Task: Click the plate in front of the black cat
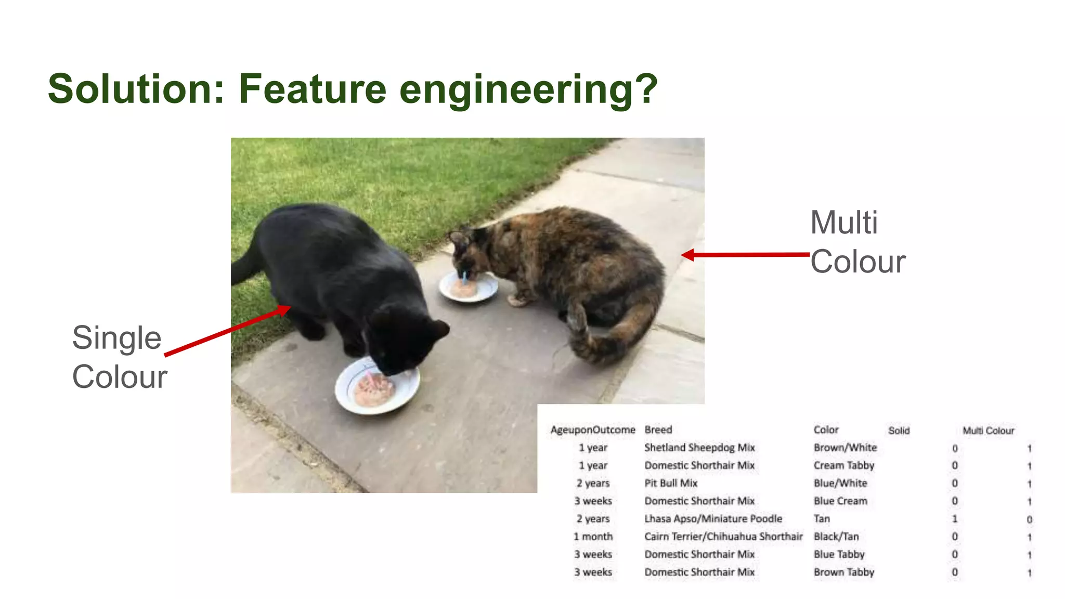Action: [376, 387]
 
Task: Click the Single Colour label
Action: [119, 357]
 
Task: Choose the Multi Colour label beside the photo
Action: [858, 242]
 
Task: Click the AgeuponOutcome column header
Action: [593, 430]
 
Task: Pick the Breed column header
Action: [658, 430]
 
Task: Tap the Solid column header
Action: [899, 431]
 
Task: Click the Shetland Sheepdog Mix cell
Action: [699, 448]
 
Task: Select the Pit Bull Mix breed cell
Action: [671, 483]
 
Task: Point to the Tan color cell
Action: [822, 519]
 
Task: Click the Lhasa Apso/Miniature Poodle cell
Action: [713, 519]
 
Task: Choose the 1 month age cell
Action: [593, 537]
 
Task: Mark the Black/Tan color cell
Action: [836, 537]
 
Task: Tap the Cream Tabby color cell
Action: [843, 465]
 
